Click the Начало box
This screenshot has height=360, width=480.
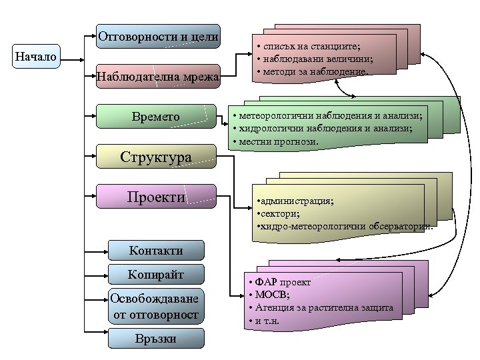[36, 57]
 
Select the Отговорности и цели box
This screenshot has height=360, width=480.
[158, 37]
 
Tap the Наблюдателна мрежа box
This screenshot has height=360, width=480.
[158, 77]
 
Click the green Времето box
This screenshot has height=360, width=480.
[156, 117]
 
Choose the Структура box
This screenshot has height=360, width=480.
[156, 157]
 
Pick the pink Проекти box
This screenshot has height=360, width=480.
[156, 197]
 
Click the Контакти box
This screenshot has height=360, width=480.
[156, 251]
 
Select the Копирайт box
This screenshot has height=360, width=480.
[156, 274]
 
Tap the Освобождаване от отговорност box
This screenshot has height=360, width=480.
[156, 306]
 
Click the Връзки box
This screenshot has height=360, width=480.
[156, 339]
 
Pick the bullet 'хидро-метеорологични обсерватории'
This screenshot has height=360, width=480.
[344, 227]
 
